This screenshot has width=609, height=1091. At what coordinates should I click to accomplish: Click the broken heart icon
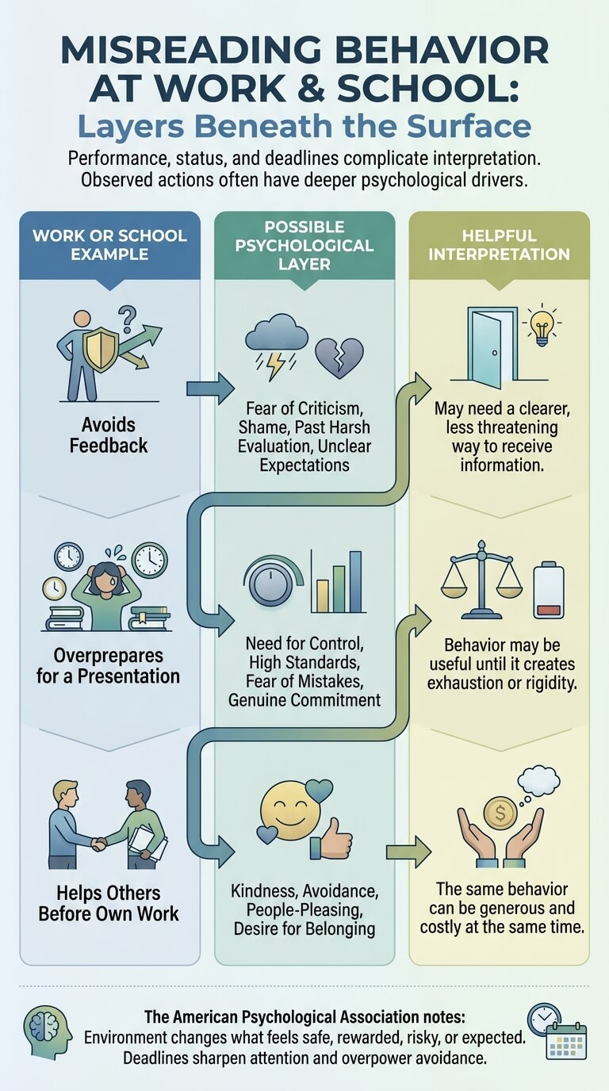click(339, 358)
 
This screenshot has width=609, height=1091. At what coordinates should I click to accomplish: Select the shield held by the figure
click(101, 348)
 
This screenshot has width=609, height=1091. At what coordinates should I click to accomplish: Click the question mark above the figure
click(128, 319)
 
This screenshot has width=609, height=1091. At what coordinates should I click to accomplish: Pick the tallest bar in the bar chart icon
click(356, 581)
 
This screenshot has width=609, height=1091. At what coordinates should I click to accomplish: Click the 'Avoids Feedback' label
click(108, 435)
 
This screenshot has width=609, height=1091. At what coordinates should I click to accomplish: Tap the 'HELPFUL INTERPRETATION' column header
click(499, 245)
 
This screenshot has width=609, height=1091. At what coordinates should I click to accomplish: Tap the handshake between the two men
click(99, 844)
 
